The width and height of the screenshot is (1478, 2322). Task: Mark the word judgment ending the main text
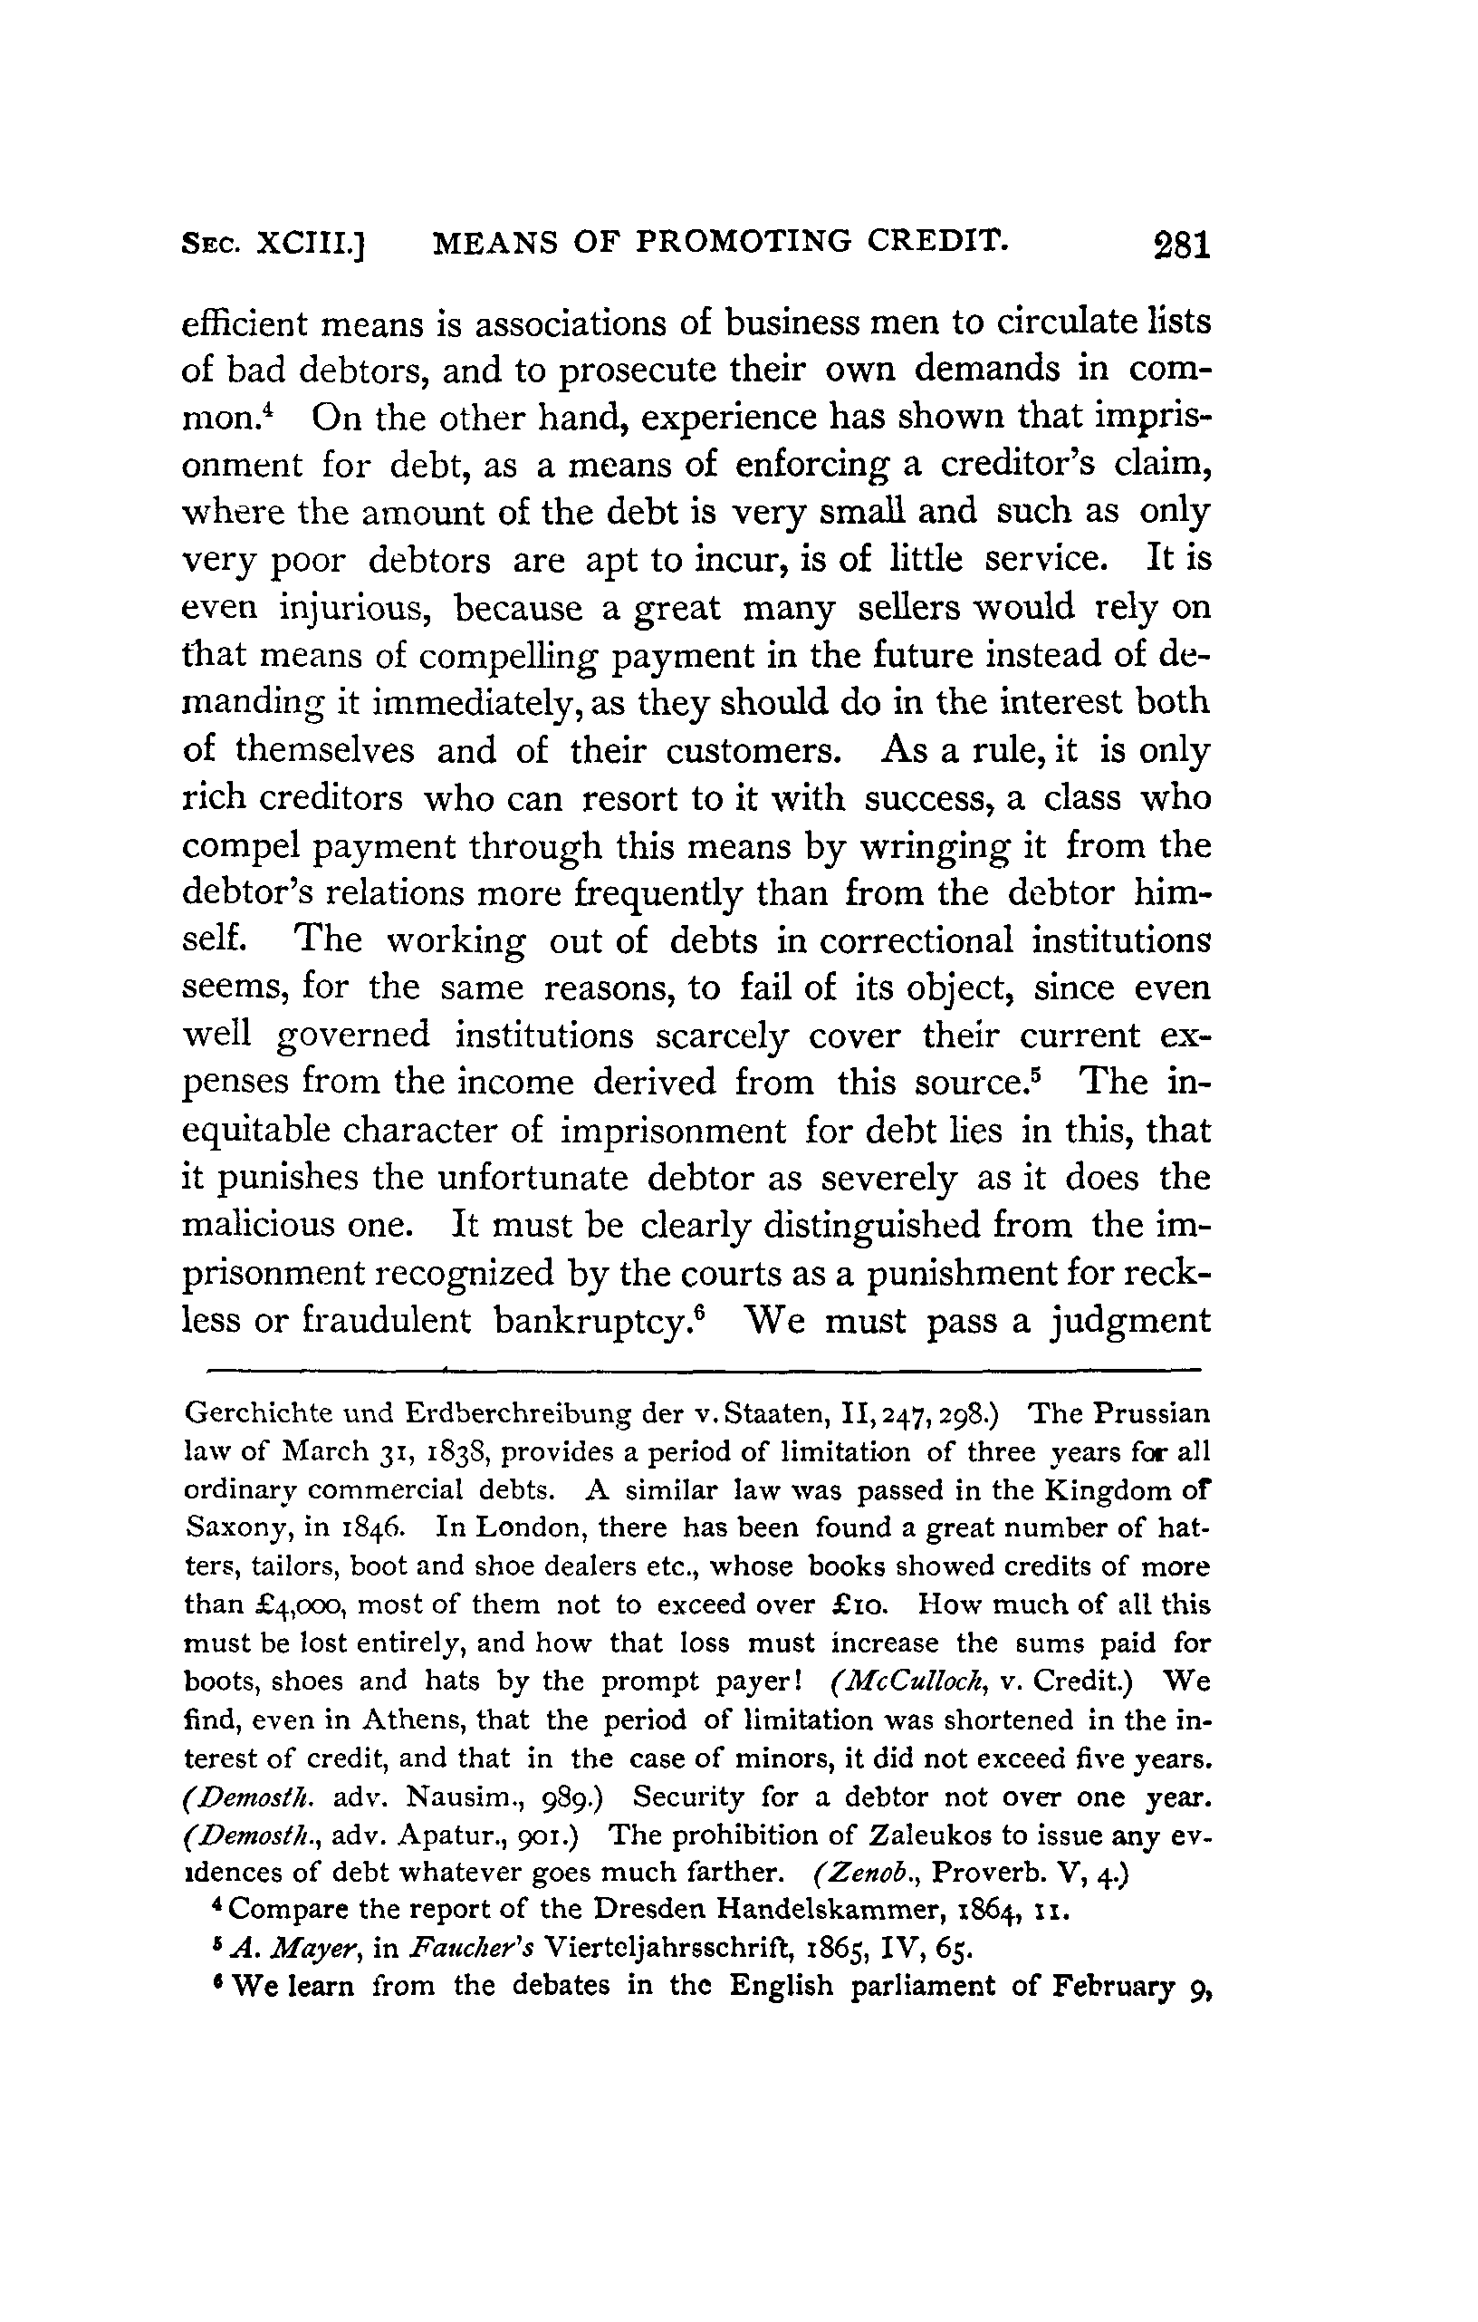(x=1130, y=1321)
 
